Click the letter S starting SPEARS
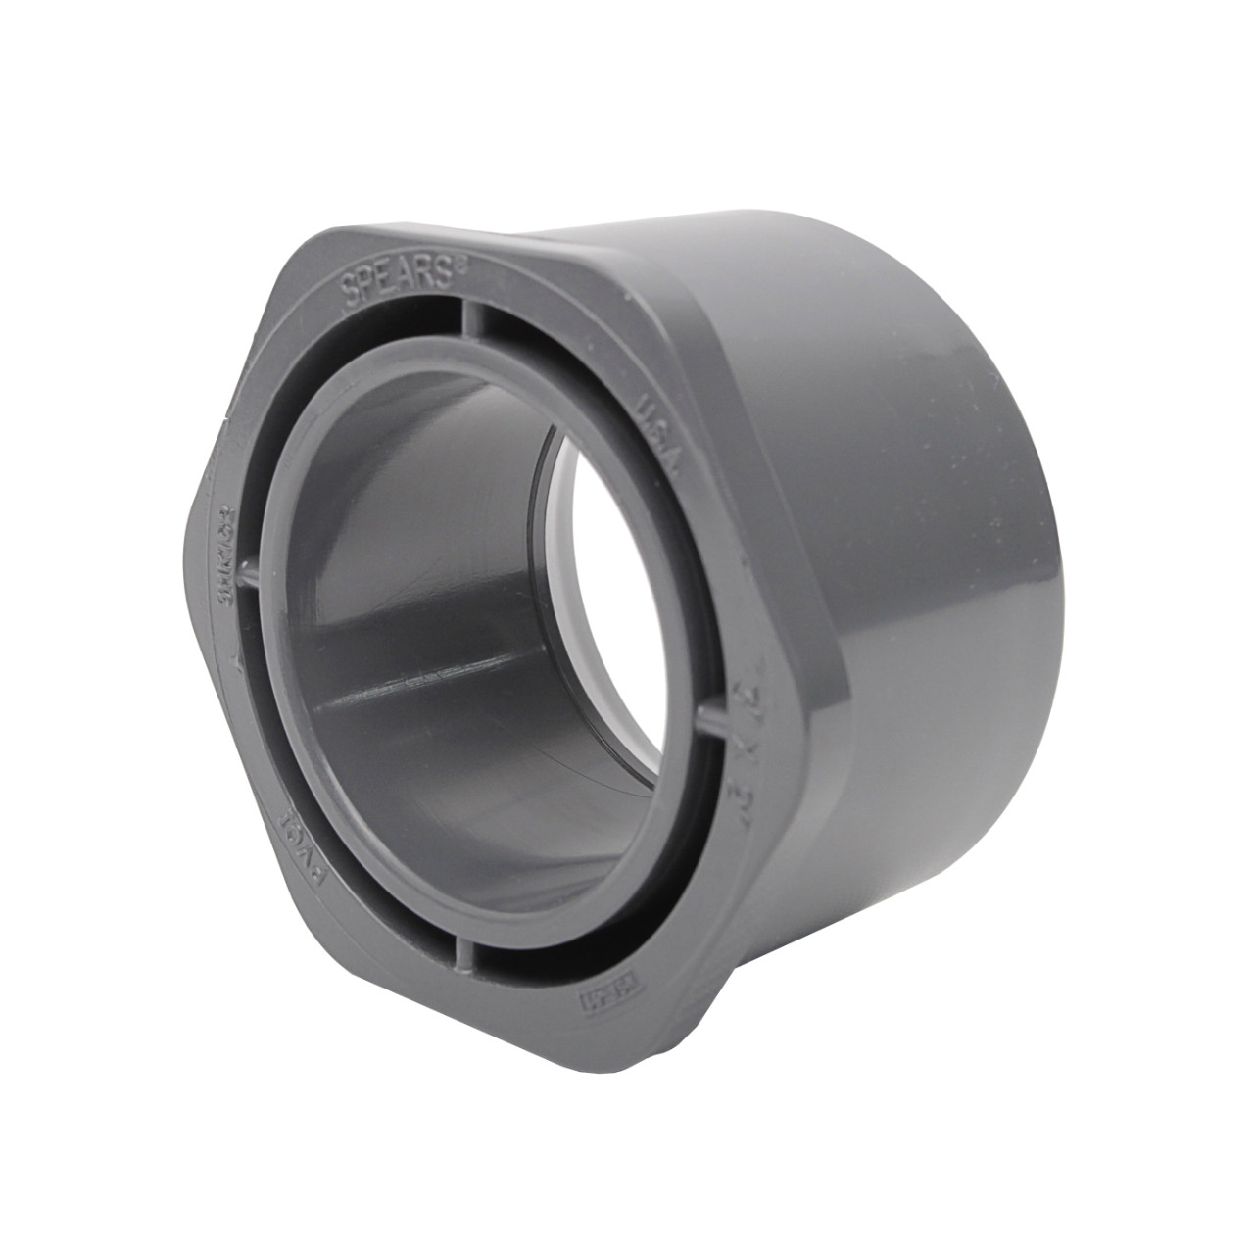tap(349, 294)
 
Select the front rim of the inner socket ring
tap(284, 745)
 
